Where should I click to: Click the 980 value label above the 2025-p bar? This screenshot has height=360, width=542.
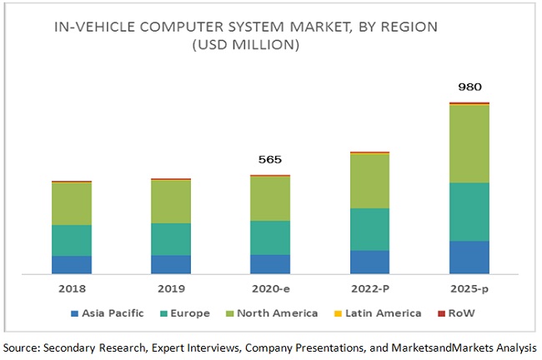pos(469,87)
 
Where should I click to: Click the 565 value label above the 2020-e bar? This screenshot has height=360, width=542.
pos(270,161)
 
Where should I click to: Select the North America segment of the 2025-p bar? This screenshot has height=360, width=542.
pos(469,143)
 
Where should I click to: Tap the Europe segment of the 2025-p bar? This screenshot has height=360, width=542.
pos(469,212)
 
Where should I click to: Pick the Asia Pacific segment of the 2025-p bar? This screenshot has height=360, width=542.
pos(469,257)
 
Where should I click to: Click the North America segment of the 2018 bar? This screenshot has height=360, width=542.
pos(72,203)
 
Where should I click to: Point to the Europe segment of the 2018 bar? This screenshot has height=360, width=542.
pos(72,240)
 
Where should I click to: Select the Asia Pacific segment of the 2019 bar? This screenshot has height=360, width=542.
pos(171,264)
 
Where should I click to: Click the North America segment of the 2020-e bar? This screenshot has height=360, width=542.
pos(270,198)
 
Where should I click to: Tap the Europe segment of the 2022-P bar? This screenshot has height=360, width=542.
pos(369,229)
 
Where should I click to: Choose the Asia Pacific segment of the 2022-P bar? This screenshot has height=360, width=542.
pos(369,262)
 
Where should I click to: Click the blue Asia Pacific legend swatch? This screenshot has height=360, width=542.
pos(75,313)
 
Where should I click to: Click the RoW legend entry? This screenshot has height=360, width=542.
pos(464,313)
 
